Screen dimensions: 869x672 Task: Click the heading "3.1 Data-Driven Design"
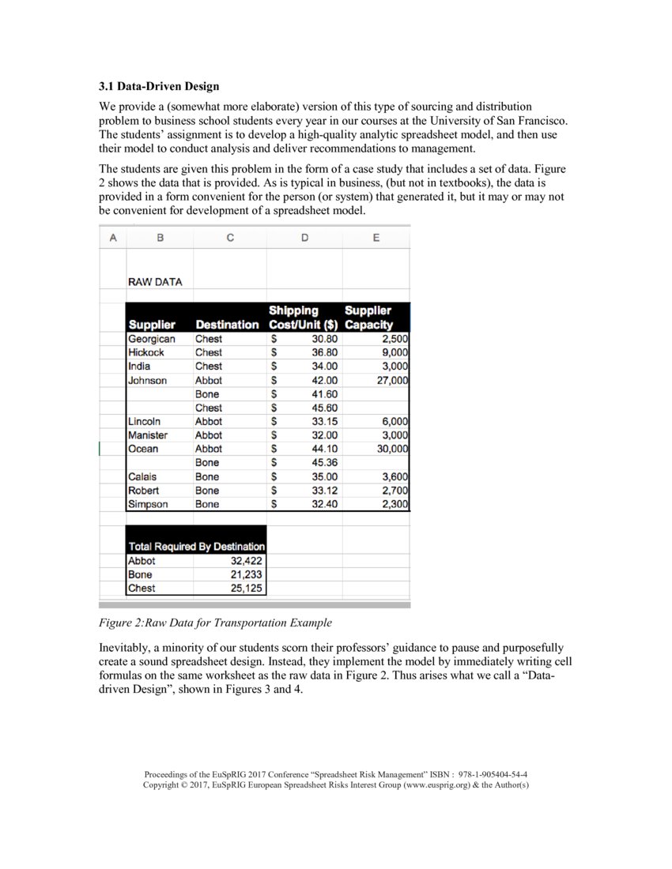[159, 85]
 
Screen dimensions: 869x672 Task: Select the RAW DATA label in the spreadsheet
[155, 281]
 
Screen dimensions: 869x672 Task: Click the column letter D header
[304, 238]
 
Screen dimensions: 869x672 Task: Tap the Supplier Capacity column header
[368, 318]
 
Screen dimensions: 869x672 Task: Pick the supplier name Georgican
[151, 338]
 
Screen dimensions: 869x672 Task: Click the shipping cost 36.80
[324, 352]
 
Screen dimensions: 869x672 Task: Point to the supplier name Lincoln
[144, 421]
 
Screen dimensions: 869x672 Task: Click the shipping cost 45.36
[324, 462]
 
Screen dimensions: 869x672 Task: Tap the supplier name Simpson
[148, 504]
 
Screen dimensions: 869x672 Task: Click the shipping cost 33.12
[324, 490]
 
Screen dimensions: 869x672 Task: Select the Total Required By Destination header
[196, 547]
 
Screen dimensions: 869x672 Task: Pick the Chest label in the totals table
[142, 589]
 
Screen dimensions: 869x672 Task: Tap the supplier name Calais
[142, 476]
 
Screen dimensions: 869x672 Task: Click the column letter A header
[112, 238]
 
